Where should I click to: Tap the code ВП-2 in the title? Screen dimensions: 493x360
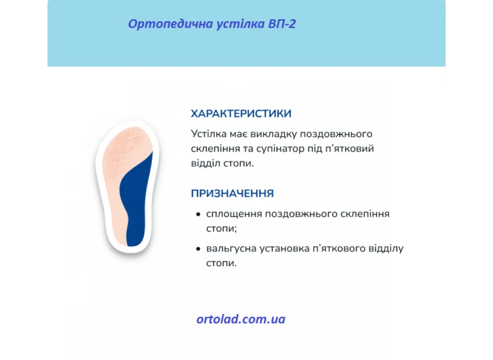tap(282, 24)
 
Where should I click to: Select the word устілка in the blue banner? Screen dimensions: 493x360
tap(241, 24)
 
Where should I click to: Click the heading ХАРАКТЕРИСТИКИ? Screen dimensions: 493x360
tap(241, 113)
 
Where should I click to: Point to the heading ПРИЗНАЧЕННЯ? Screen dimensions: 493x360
tap(232, 193)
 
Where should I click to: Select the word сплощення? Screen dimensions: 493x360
tap(234, 215)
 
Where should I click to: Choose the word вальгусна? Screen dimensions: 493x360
tap(232, 249)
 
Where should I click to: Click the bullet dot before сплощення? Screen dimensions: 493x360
tap(198, 215)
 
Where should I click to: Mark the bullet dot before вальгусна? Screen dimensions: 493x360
tap(198, 249)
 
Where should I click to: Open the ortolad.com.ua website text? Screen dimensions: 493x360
tap(241, 319)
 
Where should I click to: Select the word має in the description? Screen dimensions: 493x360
tap(238, 134)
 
